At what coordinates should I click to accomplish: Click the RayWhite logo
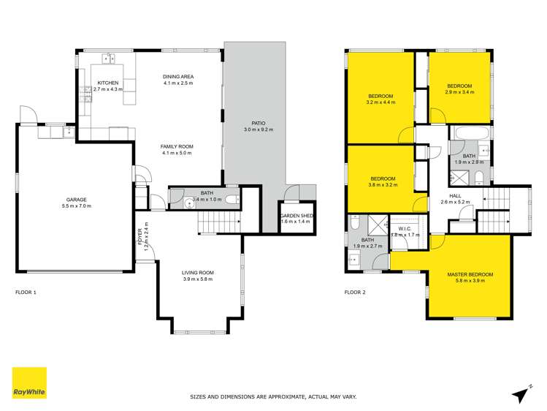29,383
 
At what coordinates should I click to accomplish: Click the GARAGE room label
77,200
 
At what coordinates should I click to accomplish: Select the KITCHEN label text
107,83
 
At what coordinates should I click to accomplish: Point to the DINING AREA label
177,77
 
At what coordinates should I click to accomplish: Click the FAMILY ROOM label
176,147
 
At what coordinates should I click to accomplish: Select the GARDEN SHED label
297,216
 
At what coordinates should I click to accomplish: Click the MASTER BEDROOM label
470,275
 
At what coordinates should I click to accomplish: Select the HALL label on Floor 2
454,196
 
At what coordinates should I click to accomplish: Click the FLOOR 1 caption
26,293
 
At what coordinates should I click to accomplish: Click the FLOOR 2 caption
355,293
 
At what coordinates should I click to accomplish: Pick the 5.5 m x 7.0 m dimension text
77,206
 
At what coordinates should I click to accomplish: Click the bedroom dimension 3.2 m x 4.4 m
381,103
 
